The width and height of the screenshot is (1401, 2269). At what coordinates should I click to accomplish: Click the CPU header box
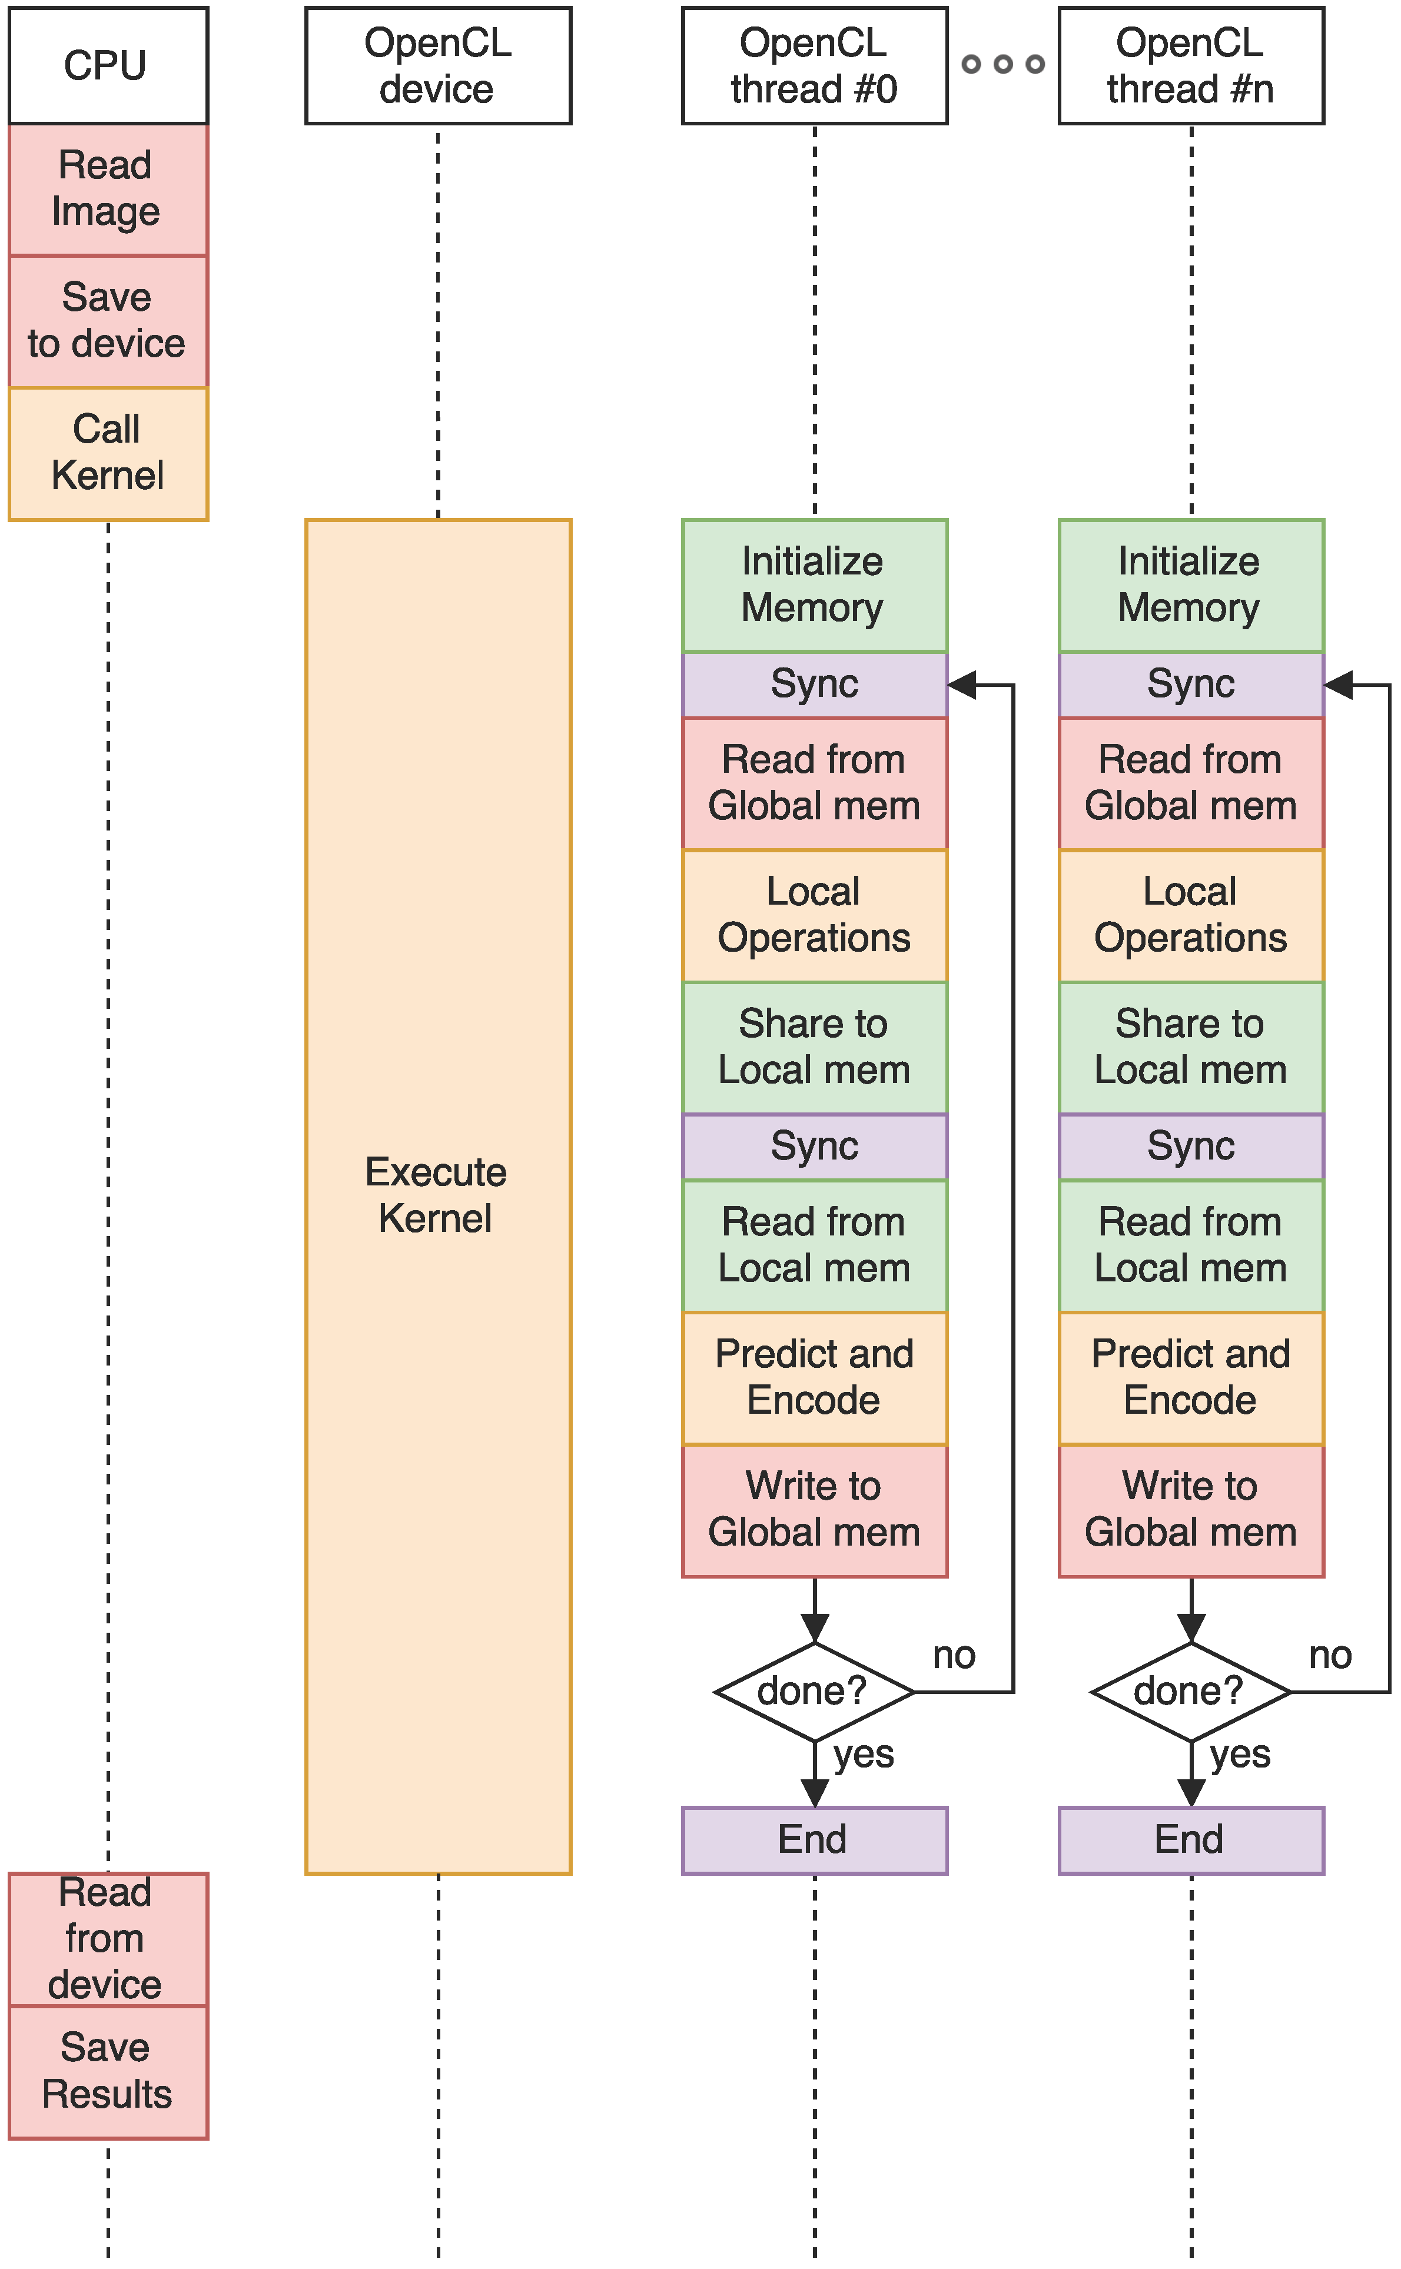108,65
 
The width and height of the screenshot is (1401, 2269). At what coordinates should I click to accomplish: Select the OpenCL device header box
439,65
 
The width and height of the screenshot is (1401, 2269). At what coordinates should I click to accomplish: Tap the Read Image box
108,189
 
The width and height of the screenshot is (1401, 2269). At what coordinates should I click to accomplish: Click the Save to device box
108,321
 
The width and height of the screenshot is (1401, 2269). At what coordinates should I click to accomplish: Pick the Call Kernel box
108,453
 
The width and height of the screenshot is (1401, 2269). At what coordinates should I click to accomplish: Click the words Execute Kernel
436,1195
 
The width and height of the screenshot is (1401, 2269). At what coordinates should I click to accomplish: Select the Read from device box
108,1938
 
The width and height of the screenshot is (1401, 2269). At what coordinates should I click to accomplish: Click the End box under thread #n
1191,1840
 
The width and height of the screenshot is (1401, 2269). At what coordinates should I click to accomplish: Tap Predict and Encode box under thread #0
815,1378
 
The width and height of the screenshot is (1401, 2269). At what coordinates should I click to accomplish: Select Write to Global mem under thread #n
1191,1510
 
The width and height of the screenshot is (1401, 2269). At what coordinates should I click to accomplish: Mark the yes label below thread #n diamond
1240,1754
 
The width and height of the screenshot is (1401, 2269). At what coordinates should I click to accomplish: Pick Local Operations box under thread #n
1191,915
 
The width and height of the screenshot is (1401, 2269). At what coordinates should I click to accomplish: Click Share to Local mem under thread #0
815,1047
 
